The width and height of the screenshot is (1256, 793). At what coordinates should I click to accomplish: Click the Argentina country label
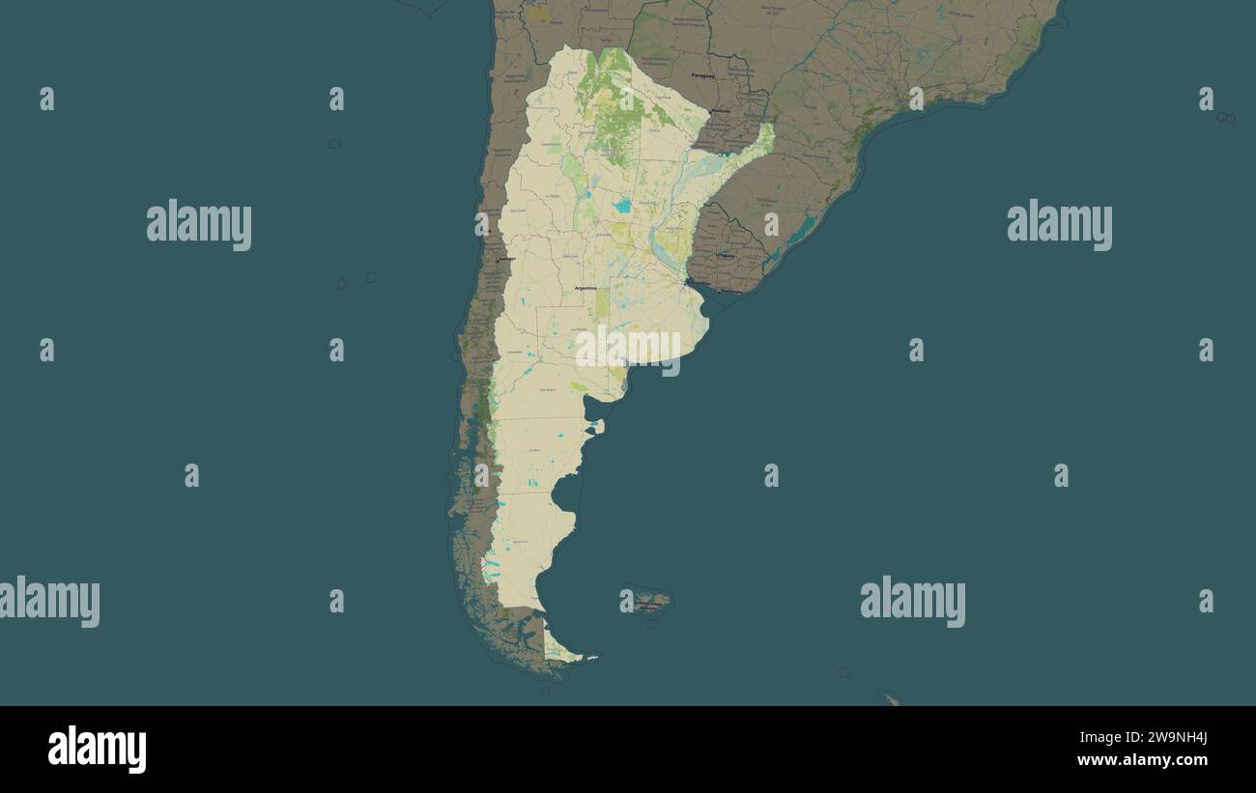click(585, 288)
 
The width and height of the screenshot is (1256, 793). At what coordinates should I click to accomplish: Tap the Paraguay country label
click(702, 75)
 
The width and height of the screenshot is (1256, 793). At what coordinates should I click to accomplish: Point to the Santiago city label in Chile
click(505, 259)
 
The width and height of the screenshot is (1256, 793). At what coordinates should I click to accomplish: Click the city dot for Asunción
click(719, 112)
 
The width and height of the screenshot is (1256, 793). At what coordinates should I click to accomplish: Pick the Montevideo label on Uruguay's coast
click(731, 291)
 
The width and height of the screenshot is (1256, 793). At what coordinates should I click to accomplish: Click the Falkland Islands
click(648, 603)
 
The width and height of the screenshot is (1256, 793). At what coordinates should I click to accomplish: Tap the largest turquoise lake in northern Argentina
click(622, 206)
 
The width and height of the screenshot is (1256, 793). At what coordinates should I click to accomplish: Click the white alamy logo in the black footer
click(97, 750)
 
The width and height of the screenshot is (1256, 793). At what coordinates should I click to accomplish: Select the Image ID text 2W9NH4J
click(1173, 739)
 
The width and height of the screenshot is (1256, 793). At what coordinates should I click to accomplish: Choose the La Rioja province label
click(552, 196)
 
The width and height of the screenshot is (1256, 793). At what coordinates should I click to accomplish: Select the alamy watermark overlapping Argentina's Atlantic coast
click(628, 349)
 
